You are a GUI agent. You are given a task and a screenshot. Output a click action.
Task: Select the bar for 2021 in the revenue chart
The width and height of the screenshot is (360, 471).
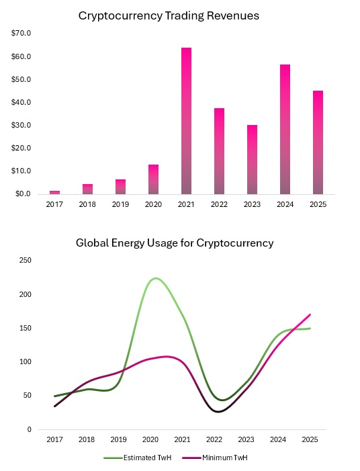(186, 121)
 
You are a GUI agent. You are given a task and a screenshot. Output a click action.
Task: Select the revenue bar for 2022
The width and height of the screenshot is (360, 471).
(219, 151)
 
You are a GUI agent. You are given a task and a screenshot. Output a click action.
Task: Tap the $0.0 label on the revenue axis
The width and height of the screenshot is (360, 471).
(23, 194)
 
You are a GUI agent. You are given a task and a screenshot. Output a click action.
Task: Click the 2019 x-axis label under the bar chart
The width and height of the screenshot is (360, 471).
(120, 204)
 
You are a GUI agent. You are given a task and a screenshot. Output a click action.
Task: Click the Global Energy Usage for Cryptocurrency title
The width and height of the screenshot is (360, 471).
(174, 243)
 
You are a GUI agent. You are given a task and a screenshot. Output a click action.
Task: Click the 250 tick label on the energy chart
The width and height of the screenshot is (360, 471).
(26, 260)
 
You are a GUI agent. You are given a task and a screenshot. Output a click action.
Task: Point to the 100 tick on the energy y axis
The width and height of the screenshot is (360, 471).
(26, 361)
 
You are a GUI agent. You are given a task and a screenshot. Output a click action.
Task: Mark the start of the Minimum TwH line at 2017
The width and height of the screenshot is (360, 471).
(54, 406)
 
